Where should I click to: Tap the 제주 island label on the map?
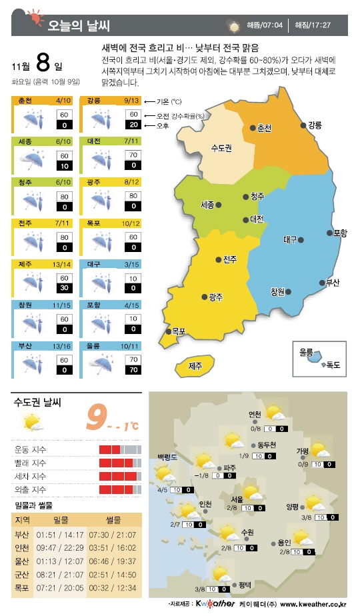[195, 365]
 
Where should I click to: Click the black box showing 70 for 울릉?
[133, 369]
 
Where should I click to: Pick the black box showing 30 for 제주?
[65, 287]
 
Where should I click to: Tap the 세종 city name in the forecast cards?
[26, 141]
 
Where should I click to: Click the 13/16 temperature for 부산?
[62, 346]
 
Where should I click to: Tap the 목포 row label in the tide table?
[21, 587]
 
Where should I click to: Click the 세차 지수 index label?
[29, 476]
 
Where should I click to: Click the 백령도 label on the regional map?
[167, 457]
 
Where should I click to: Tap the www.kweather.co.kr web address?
[313, 605]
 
